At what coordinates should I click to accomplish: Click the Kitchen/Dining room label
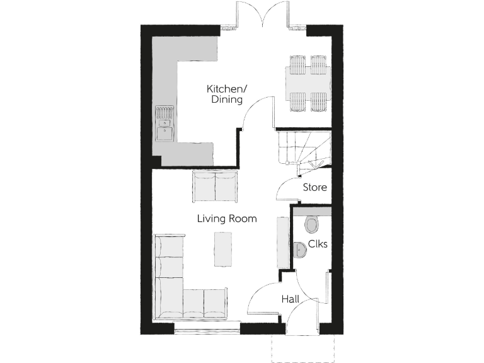[226, 94]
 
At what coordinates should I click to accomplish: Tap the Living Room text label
[227, 219]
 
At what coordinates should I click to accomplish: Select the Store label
[314, 187]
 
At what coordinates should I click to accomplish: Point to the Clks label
[318, 245]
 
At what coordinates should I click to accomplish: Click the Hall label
[291, 299]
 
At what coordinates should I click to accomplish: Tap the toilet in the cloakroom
[311, 224]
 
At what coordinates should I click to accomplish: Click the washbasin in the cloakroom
[300, 250]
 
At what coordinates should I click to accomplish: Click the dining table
[308, 84]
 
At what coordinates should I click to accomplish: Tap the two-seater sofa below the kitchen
[215, 186]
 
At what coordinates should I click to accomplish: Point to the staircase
[302, 149]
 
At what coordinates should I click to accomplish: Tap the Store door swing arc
[285, 189]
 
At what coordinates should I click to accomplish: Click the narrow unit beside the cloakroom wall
[282, 242]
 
